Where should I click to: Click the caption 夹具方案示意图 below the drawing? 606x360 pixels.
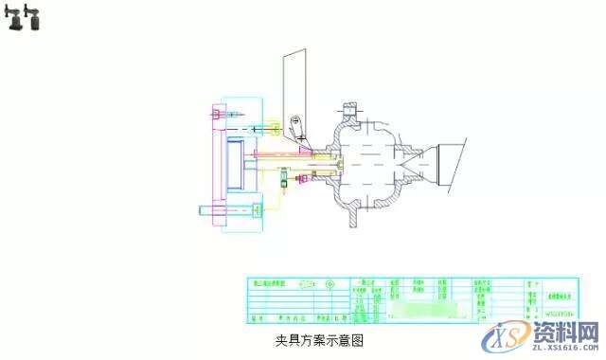coord(319,337)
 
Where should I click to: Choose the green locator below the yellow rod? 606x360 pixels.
coord(282,183)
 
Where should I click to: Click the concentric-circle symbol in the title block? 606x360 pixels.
coord(329,282)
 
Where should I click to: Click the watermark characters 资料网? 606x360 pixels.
coord(562,332)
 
